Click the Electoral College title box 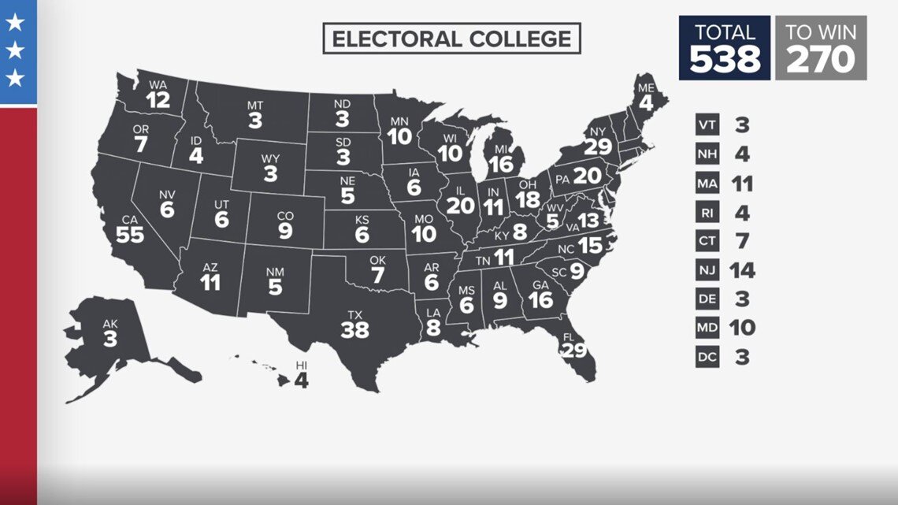(451, 39)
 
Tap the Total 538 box (725, 48)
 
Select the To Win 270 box (821, 48)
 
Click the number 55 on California (130, 234)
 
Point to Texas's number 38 (354, 330)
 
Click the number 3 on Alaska (109, 339)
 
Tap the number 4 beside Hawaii (301, 381)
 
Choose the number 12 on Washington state (158, 100)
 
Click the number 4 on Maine (646, 102)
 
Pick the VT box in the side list (707, 124)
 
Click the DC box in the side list (707, 357)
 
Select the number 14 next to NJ (741, 270)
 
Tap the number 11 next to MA (740, 184)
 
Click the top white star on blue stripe (15, 23)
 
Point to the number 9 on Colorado (285, 232)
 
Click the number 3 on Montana (255, 121)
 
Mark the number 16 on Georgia (541, 300)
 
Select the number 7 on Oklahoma (377, 277)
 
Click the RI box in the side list (707, 212)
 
